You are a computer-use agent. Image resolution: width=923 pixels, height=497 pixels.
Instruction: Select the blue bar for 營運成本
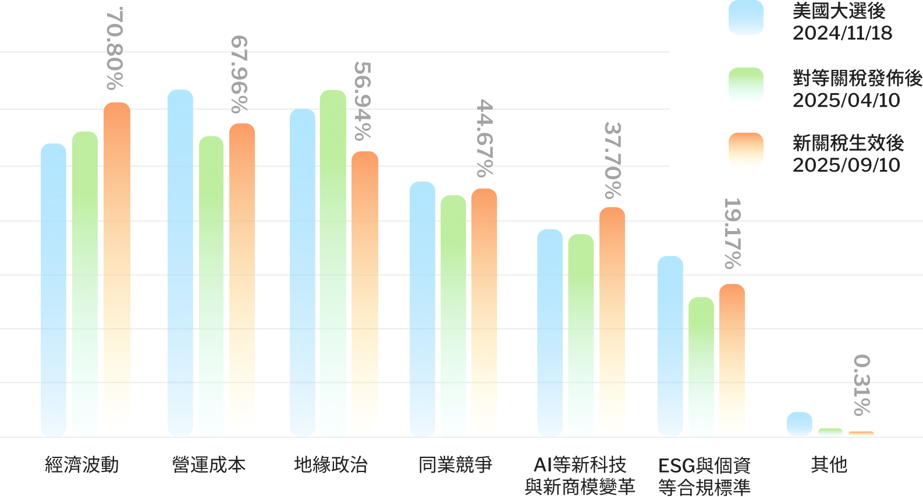tap(180, 262)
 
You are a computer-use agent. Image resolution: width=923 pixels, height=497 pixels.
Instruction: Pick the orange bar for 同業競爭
tap(484, 312)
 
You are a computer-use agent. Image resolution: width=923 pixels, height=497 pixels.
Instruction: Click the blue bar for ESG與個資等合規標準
tap(670, 346)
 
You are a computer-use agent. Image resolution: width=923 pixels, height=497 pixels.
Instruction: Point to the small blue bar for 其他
tap(800, 424)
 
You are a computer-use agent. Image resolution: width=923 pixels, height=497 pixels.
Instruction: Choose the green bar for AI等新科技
tap(581, 335)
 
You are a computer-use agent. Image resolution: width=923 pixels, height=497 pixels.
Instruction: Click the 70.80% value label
tap(115, 49)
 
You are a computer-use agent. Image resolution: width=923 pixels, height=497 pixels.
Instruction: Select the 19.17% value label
tap(732, 233)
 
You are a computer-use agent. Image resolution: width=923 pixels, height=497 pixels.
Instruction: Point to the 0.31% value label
tap(862, 385)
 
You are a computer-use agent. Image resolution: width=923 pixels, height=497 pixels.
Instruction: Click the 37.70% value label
tap(612, 160)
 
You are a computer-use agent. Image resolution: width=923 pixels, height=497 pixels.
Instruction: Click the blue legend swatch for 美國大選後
tap(745, 17)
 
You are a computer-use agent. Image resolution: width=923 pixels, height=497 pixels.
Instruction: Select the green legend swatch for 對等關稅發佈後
tap(745, 85)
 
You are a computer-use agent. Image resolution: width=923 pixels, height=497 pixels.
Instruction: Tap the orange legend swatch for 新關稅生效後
tap(745, 150)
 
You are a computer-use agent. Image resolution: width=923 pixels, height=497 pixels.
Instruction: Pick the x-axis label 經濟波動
tap(82, 465)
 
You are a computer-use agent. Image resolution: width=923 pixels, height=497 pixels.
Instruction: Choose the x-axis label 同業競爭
tap(455, 465)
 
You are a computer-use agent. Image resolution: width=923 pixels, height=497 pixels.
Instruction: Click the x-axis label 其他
tap(829, 465)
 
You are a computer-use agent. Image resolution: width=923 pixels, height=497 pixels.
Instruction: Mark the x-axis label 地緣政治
tap(331, 465)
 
